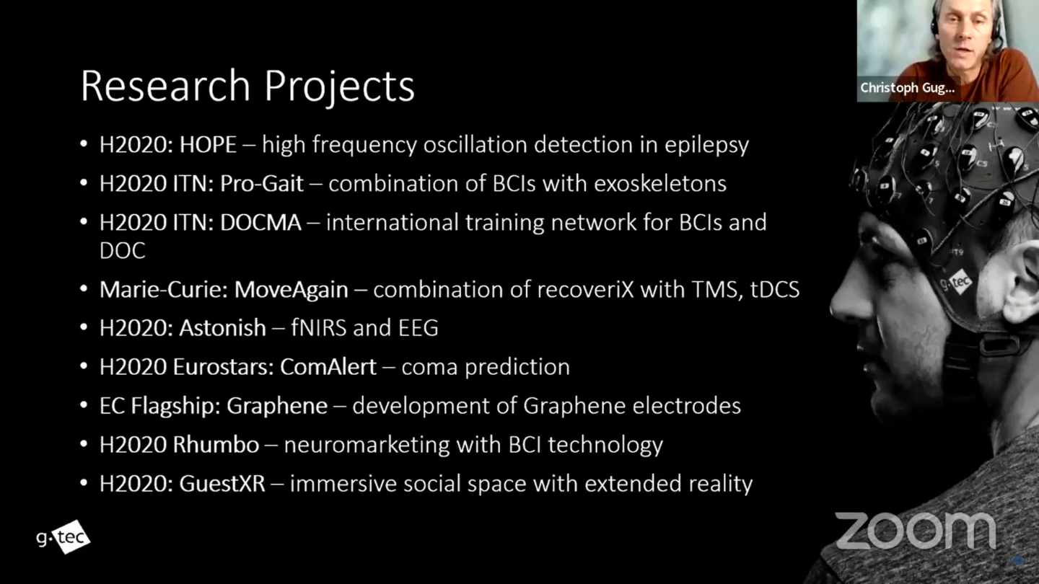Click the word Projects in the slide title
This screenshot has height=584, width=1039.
[339, 87]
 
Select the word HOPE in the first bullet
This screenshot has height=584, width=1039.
[208, 145]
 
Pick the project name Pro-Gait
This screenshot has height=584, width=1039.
[262, 184]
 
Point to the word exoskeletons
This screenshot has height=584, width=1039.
[660, 184]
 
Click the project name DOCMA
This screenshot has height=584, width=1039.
[260, 223]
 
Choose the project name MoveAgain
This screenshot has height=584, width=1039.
[291, 290]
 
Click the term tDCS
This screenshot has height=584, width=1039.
[775, 290]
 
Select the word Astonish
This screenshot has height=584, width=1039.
[223, 328]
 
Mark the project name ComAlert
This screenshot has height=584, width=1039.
[328, 367]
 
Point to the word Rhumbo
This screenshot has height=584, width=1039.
[216, 445]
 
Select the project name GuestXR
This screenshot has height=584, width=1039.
[222, 484]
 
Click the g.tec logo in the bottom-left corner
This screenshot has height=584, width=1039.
[63, 536]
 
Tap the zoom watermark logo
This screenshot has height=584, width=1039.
[915, 531]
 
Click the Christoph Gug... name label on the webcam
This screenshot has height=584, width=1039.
[907, 88]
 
